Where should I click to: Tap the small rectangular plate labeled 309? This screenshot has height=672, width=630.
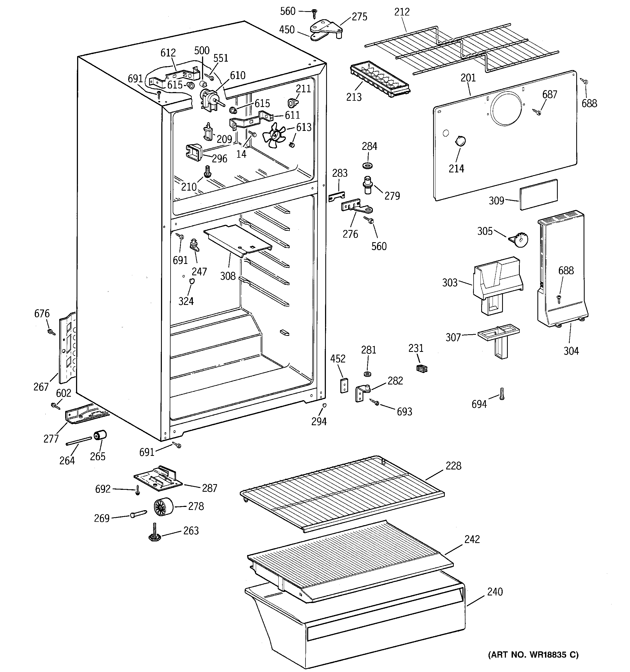point(538,195)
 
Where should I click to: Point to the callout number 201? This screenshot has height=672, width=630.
point(468,78)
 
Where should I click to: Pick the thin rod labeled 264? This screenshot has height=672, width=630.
point(79,441)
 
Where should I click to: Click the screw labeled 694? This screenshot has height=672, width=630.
point(502,394)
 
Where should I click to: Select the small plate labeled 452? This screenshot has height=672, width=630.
point(344,385)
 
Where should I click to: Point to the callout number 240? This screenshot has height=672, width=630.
point(495,592)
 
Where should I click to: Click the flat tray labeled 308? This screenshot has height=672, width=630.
point(238,240)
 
